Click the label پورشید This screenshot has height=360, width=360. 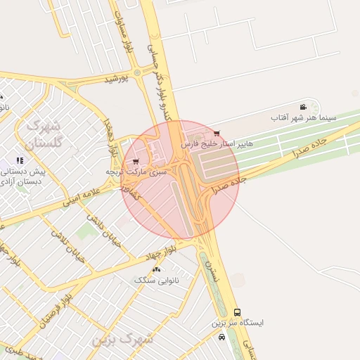point(117,79)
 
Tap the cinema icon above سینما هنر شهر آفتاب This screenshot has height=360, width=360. point(303,106)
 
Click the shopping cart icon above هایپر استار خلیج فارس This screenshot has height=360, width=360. point(216,133)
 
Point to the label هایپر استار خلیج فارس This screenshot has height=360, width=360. point(217,143)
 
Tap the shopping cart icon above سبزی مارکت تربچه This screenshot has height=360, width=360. point(136,161)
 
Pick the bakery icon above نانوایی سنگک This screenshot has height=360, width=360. point(156,269)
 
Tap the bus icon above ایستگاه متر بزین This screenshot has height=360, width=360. point(236,311)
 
